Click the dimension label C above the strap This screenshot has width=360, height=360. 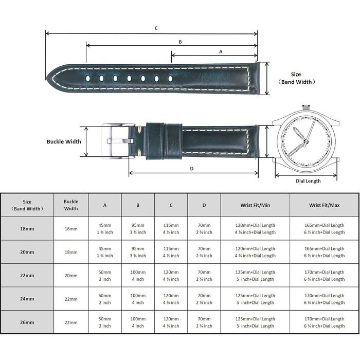point(156,28)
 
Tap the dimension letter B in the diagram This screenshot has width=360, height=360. point(180,42)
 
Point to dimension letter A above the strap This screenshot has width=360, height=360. point(221,51)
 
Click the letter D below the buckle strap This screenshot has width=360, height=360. point(192,169)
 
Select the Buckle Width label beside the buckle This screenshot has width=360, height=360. point(64,141)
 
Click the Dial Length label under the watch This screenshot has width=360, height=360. point(308,181)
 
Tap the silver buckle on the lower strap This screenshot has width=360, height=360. point(118,141)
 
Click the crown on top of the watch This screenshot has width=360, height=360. point(307,107)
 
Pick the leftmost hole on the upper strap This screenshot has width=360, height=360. point(87,79)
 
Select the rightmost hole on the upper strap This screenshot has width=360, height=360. point(170,79)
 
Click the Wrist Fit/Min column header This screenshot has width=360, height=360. point(255,205)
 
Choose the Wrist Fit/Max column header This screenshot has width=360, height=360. point(324,205)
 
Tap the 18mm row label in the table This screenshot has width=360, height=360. point(27,229)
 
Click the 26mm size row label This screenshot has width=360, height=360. point(27,322)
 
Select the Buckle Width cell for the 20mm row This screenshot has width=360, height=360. point(71,252)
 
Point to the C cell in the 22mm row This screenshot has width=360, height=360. point(171,276)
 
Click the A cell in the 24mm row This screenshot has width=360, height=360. point(105,299)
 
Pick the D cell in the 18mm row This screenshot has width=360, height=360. point(204,229)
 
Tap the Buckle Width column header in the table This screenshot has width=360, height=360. point(71,205)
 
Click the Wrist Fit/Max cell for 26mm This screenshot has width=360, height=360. point(324,322)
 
